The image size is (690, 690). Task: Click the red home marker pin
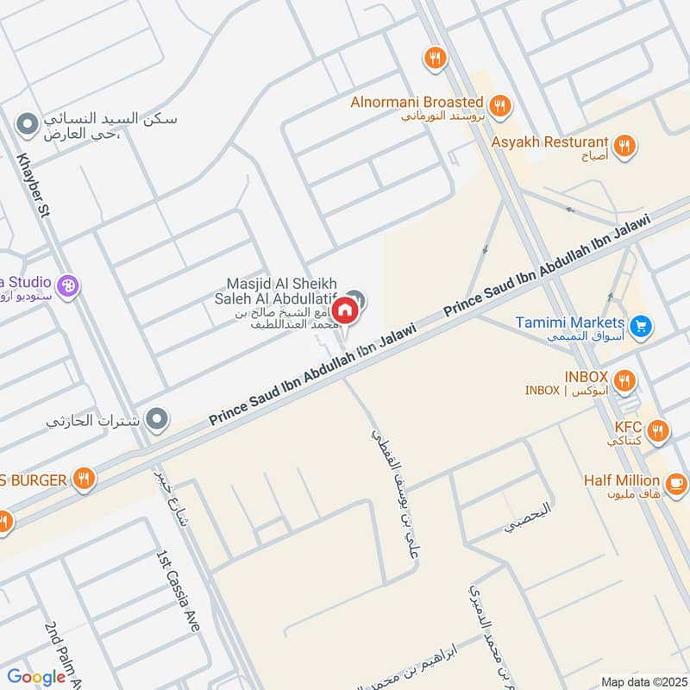345,310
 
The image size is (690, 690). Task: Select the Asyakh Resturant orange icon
626,146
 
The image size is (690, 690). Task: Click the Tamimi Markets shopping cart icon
640,326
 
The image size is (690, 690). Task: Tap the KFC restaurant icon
657,430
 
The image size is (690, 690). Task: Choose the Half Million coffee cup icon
675,480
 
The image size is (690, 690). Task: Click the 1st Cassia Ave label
177,592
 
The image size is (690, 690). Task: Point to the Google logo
36,677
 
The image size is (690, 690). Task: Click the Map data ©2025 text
643,681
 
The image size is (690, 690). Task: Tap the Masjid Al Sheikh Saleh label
282,291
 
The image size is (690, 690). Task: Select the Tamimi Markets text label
570,323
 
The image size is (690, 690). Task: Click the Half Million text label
621,480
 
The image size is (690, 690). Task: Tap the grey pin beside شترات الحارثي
156,420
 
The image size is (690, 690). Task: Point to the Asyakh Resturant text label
550,141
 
